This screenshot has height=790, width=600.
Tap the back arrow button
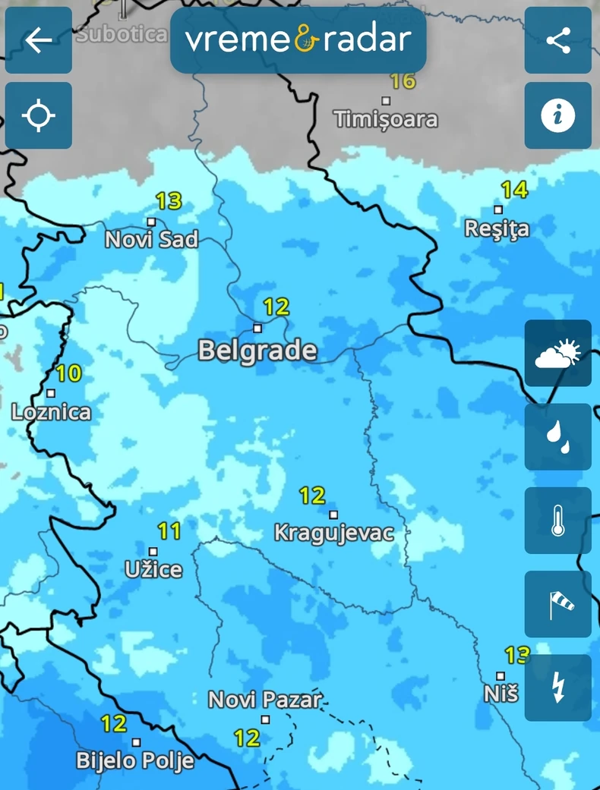[x=39, y=40]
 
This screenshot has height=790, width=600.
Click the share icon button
[x=558, y=40]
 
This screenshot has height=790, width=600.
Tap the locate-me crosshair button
[x=39, y=116]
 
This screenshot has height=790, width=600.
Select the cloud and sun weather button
[x=558, y=354]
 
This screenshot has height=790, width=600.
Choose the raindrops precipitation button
[x=558, y=437]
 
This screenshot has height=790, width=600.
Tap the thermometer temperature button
[x=558, y=521]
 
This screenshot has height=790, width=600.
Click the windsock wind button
[x=558, y=604]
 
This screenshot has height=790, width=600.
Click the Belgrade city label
[x=257, y=351]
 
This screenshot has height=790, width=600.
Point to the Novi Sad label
[x=151, y=240]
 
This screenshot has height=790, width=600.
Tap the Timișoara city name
[x=386, y=119]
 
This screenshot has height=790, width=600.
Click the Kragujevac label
[x=333, y=533]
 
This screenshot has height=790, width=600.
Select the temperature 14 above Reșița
[x=514, y=190]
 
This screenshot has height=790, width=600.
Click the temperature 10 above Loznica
[x=68, y=373]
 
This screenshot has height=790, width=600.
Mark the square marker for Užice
[x=153, y=552]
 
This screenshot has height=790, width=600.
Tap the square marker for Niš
[x=501, y=675]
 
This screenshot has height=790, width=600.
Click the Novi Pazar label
[x=265, y=700]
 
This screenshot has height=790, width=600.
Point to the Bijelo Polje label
[x=135, y=760]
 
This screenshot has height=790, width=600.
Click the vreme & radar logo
[x=298, y=40]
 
